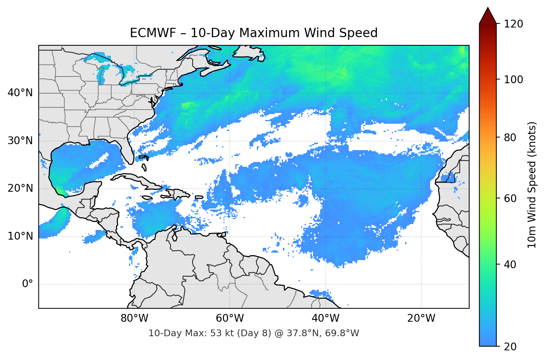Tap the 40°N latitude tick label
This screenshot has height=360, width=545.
pyautogui.click(x=20, y=93)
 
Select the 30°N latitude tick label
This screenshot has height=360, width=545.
pyautogui.click(x=20, y=141)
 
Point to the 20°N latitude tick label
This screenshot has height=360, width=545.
pyautogui.click(x=20, y=188)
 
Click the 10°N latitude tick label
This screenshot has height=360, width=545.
pyautogui.click(x=20, y=236)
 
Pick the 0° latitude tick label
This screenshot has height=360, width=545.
pyautogui.click(x=28, y=284)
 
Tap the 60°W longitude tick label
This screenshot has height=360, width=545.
pyautogui.click(x=230, y=318)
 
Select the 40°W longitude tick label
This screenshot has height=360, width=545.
pyautogui.click(x=325, y=318)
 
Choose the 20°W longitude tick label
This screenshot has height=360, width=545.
pyautogui.click(x=421, y=318)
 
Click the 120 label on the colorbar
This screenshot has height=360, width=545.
pyautogui.click(x=513, y=24)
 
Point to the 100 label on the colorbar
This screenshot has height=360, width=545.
pyautogui.click(x=513, y=80)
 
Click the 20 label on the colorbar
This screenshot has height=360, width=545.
pyautogui.click(x=510, y=347)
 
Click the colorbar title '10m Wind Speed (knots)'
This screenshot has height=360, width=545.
pyautogui.click(x=532, y=185)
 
